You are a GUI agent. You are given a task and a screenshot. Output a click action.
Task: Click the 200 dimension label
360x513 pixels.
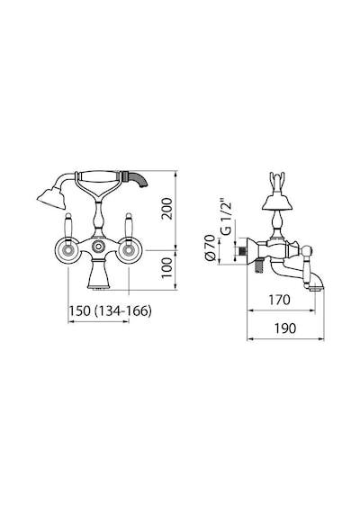[x=166, y=209]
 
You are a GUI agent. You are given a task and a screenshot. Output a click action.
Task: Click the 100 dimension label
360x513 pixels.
[x=166, y=267]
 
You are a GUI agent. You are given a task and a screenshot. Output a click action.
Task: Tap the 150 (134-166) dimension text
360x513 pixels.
[x=110, y=310]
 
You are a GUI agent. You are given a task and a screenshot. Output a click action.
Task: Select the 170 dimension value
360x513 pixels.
[x=279, y=300]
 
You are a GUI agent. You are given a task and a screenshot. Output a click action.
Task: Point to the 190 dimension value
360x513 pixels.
[x=285, y=328]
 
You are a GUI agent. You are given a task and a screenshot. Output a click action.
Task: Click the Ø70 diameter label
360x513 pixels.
[x=210, y=247]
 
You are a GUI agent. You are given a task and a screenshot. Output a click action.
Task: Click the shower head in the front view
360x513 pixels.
[x=51, y=197]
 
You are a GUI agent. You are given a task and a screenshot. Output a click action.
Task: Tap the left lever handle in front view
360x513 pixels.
[x=68, y=228]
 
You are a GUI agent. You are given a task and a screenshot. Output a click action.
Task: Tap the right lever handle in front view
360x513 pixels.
[x=129, y=228]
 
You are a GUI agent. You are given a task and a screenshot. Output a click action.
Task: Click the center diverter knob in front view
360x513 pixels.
[x=98, y=247]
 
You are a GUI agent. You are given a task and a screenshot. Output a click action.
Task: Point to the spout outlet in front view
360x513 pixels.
[x=98, y=288]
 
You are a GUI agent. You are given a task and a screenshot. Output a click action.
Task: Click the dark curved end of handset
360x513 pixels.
[x=138, y=179]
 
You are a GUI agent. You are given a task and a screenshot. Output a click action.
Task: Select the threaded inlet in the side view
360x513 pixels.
[x=241, y=251]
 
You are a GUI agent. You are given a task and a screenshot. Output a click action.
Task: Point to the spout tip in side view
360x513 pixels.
[x=317, y=288]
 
